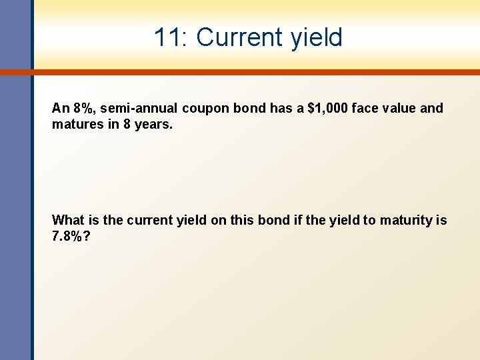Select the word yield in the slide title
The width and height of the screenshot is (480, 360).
pos(316,37)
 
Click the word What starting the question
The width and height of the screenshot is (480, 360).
pos(67,220)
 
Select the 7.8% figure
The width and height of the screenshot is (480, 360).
pos(67,236)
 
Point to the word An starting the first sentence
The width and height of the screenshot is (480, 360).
pos(60,108)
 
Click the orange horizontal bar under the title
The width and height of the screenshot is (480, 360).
pos(253,71)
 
